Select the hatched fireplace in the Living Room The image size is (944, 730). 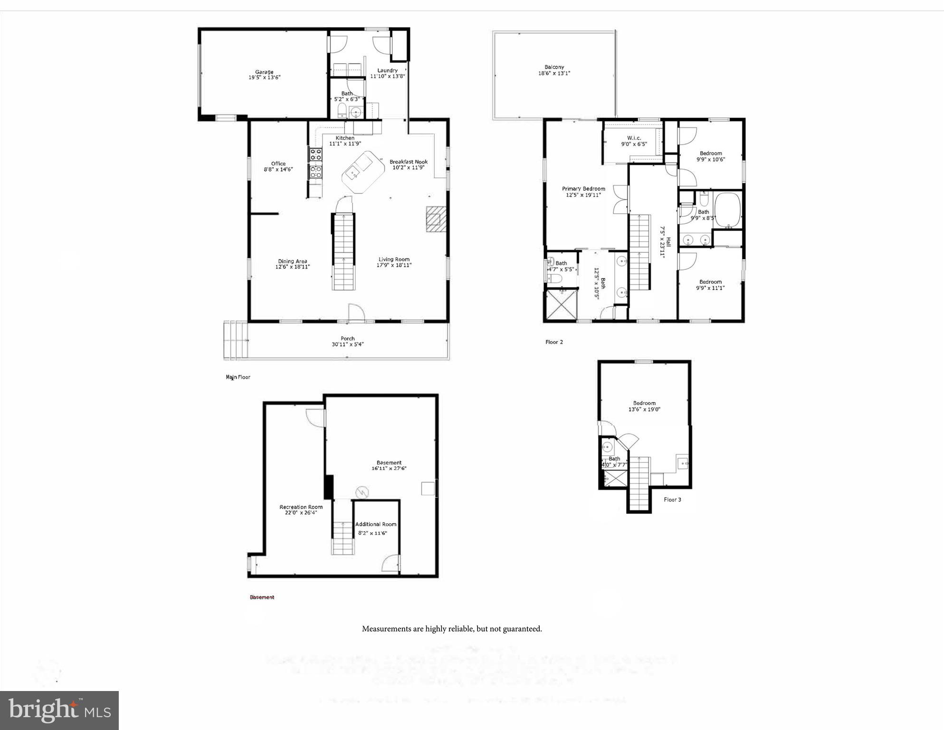[436, 219]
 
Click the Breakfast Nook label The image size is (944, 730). [409, 162]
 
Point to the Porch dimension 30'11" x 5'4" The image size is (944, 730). [347, 345]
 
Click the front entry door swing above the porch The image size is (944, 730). [356, 312]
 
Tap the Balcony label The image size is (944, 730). [554, 67]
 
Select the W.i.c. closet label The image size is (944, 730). [634, 138]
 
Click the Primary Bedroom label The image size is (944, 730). [583, 189]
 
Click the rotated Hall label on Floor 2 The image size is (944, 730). [668, 242]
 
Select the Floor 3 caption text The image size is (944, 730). [672, 499]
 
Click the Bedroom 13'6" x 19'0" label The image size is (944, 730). [644, 403]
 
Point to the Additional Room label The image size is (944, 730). [375, 524]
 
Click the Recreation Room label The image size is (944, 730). [301, 507]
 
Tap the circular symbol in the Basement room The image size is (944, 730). [362, 491]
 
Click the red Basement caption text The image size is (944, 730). [262, 597]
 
